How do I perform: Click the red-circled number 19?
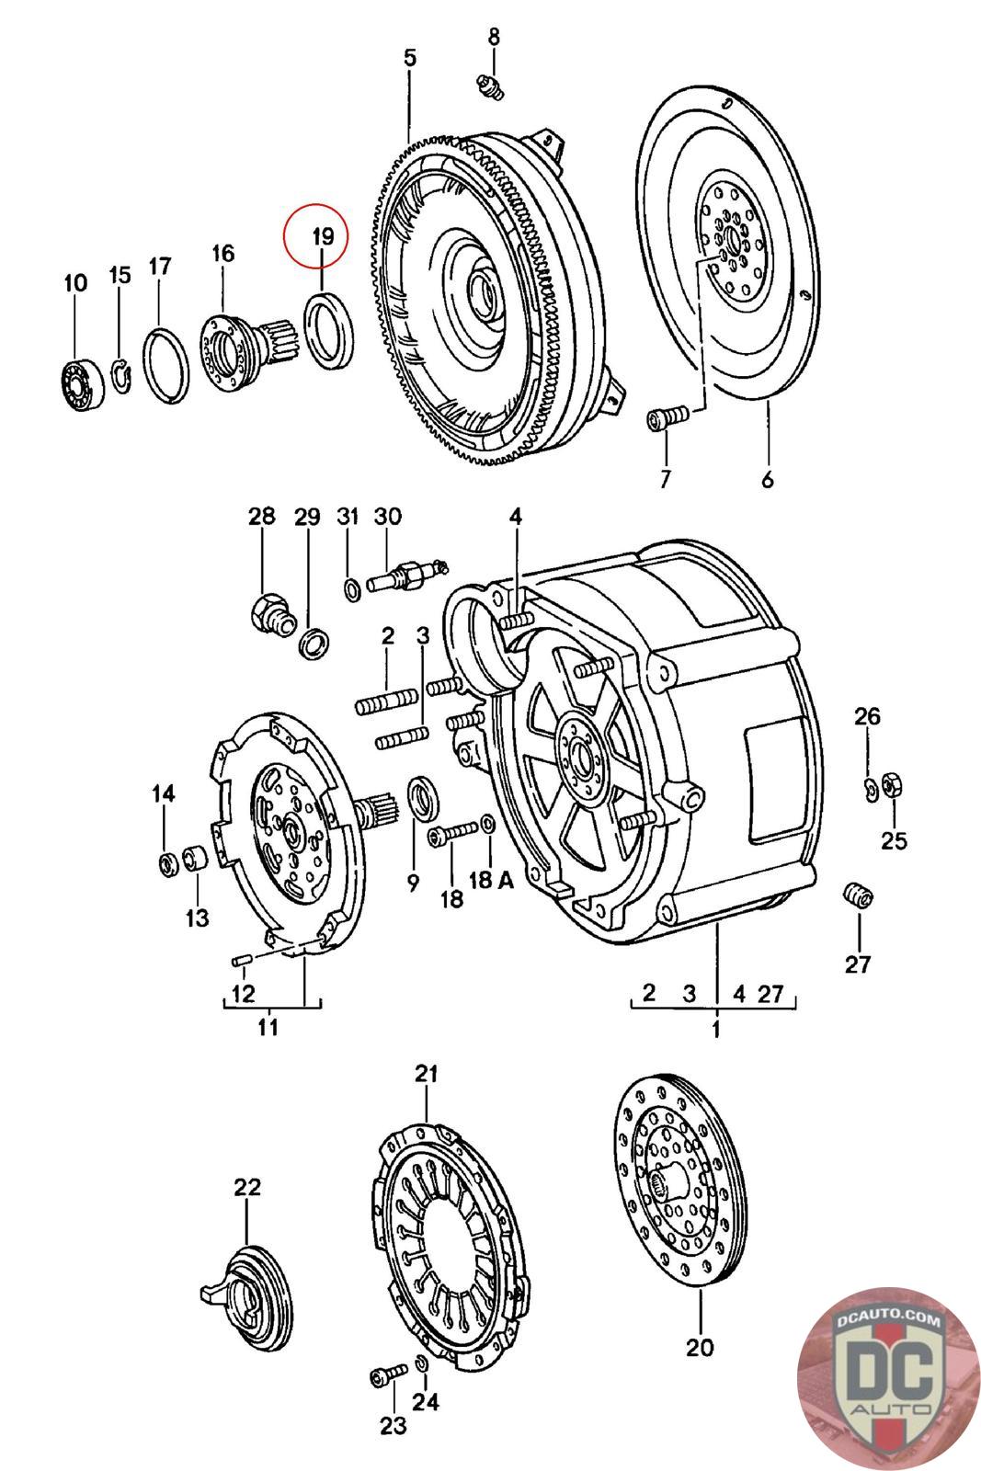pyautogui.click(x=323, y=236)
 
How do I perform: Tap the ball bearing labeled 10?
pyautogui.click(x=84, y=384)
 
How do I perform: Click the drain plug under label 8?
pyautogui.click(x=490, y=86)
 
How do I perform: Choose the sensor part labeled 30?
pyautogui.click(x=407, y=575)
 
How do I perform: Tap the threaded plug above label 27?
pyautogui.click(x=858, y=895)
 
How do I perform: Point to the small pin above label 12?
pyautogui.click(x=243, y=960)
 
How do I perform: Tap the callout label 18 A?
pyautogui.click(x=491, y=880)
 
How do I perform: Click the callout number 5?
pyautogui.click(x=410, y=58)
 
